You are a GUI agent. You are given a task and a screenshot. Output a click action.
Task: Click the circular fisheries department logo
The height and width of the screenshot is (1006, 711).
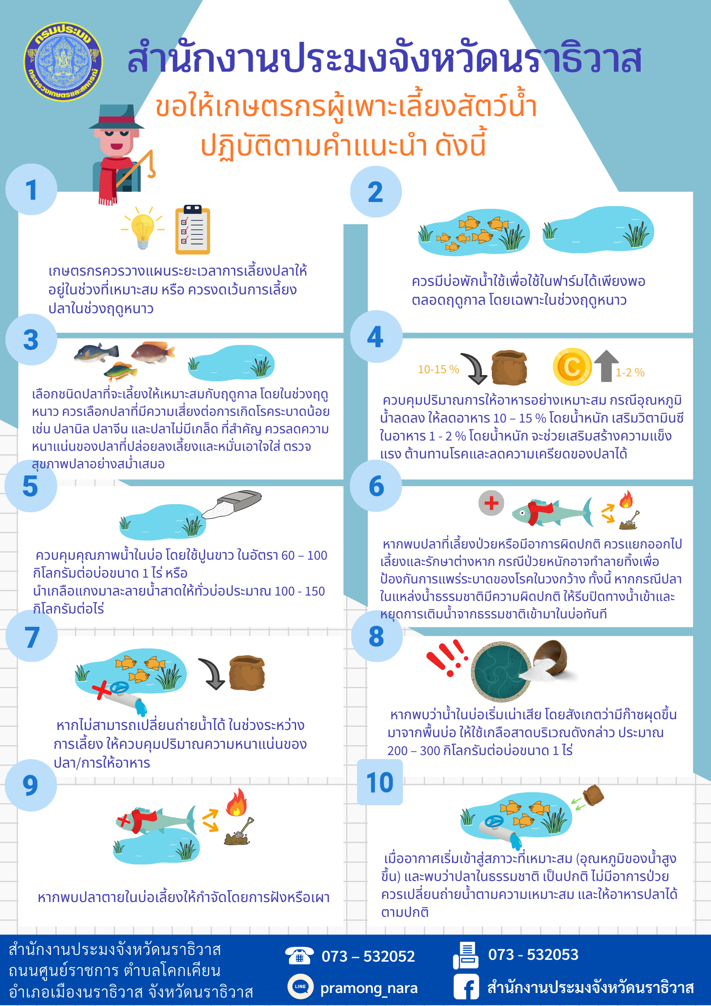coord(63,61)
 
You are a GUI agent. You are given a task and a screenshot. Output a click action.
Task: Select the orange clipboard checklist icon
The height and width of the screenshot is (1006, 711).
coord(193,229)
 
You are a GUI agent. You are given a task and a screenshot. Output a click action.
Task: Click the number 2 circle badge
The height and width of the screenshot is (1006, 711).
coord(376,192)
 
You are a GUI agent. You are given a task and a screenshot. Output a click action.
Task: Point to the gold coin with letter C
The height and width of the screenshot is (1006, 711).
coord(572,367)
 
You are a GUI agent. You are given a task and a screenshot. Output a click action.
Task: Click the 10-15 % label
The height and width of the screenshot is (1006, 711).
coord(439,369)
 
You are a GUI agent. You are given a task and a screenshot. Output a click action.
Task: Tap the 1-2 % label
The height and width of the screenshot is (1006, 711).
coord(630,372)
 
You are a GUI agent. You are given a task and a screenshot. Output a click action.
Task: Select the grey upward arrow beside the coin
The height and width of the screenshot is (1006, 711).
coord(606,366)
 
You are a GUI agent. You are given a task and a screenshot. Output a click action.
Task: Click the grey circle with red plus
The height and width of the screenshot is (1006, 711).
coord(491,503)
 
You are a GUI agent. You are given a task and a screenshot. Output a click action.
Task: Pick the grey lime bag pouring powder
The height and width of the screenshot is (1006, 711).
coord(232,505)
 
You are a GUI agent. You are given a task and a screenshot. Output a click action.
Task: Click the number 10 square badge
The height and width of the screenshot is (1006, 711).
coord(380,782)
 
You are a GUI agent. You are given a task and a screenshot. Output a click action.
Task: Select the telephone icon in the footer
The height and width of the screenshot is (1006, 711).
coord(299,956)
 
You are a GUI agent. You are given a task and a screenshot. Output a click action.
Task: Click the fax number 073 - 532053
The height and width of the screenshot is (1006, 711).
coord(533,954)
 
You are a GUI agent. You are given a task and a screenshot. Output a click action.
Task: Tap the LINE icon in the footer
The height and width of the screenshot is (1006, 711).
coord(300,986)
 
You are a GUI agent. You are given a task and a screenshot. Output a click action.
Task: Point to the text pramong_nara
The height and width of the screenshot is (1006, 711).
coord(369,988)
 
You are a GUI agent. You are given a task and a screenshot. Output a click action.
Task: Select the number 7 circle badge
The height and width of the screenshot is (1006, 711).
coord(31,636)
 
